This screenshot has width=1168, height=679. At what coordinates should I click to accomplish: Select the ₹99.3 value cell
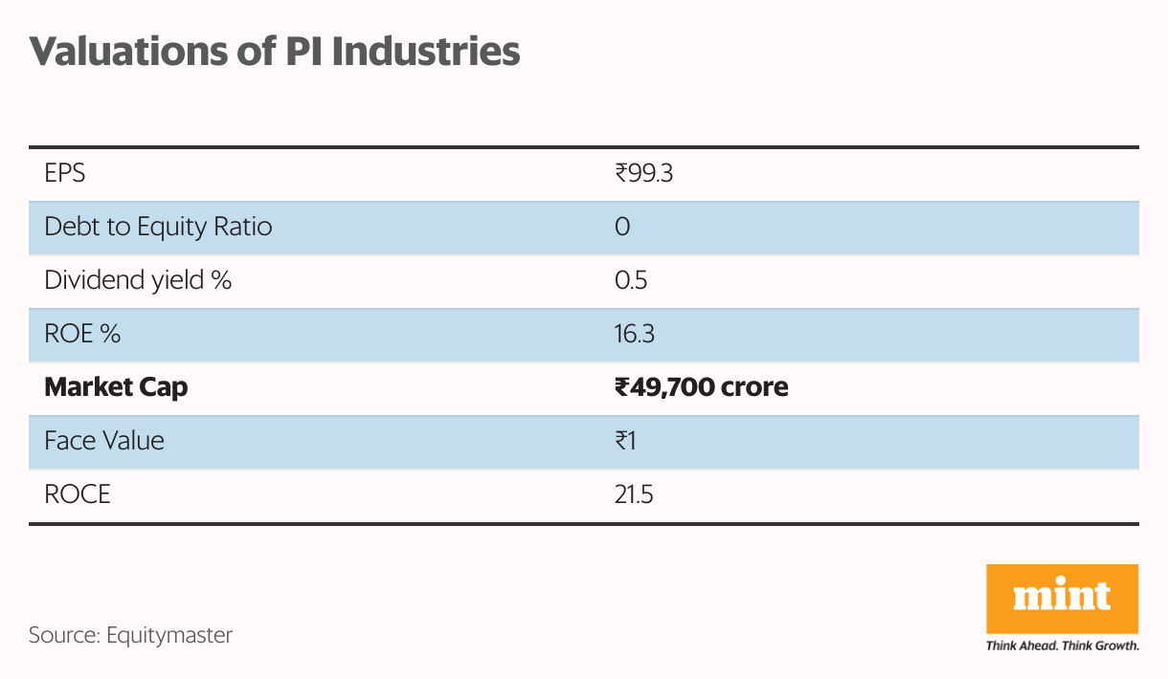coord(645,174)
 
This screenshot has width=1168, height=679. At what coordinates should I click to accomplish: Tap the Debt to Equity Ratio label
coord(158,228)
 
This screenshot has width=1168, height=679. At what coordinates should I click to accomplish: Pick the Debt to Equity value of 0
coord(622,228)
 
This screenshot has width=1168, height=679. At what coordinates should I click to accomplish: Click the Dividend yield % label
coord(138,281)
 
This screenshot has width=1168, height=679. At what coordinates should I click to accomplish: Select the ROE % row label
coord(82,335)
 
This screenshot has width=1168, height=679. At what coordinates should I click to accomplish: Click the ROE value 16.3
coord(635,335)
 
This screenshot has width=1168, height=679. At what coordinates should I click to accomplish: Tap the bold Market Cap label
coord(116,387)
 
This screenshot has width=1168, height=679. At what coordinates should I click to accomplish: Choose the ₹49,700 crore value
coord(702,387)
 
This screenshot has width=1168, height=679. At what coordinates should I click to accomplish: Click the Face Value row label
coord(104,441)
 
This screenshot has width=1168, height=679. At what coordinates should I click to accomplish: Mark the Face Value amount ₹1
coord(626,441)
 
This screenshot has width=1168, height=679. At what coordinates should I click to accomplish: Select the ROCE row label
coord(78,494)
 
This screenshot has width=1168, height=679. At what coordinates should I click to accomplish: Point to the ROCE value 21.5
coord(635,494)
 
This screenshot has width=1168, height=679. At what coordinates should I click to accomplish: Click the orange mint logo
coord(1062,598)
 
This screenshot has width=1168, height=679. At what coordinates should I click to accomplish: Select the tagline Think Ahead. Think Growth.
coord(1062,646)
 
